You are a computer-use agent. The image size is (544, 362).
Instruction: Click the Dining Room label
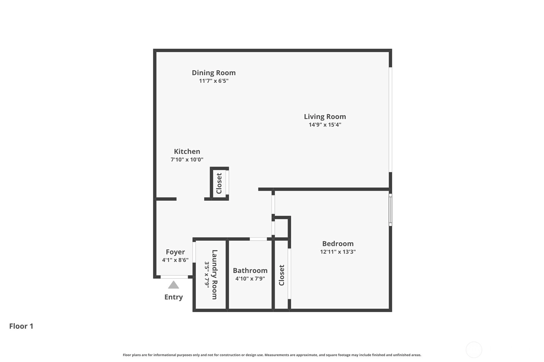coord(214,73)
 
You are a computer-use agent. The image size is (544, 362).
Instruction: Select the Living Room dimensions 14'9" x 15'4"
coord(325,125)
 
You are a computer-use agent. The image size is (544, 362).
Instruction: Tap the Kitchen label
coord(187,151)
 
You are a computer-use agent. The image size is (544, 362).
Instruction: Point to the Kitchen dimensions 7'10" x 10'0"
coord(187,159)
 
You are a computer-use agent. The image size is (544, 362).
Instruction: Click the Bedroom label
coord(338,244)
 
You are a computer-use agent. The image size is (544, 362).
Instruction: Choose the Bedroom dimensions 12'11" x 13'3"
coord(338,252)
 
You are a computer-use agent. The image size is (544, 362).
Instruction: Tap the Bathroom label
coord(250,270)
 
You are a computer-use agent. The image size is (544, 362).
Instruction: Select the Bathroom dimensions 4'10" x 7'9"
coord(250,278)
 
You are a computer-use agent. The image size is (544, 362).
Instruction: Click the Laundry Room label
coord(215,275)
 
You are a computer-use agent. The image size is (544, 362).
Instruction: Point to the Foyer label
coord(175,252)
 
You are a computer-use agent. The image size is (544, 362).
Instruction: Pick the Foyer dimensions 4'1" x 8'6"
coord(175,260)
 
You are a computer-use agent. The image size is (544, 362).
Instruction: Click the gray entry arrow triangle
coord(174,285)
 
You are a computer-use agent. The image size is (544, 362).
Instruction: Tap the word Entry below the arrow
coord(174,297)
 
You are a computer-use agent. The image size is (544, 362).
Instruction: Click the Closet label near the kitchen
coord(219,183)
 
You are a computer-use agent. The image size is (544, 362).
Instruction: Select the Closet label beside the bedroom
coord(281,275)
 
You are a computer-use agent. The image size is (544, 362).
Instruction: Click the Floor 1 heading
coord(21,326)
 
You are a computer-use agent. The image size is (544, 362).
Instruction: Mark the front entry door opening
coord(174,277)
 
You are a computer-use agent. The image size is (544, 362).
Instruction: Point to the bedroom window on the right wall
coord(390,210)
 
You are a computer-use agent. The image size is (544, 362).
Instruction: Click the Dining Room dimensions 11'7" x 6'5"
coord(214,81)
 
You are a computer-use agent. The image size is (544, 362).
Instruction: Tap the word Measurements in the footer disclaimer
coord(275,355)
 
